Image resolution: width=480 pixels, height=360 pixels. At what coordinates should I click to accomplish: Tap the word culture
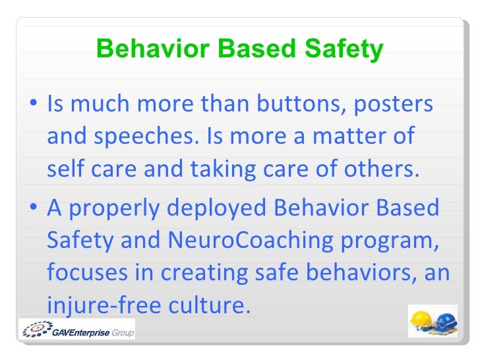[x=206, y=305]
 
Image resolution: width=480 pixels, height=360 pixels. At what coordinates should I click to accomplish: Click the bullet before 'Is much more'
[x=34, y=104]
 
